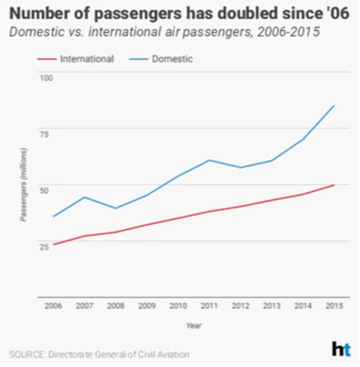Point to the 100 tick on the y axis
(47, 78)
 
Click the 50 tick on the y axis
(47, 190)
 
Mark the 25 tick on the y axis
(47, 246)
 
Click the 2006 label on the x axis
(54, 307)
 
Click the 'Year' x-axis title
(193, 325)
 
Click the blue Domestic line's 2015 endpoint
(333, 105)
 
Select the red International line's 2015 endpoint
(333, 185)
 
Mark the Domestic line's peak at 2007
(84, 197)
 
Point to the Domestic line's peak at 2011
(209, 160)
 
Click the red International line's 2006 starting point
(54, 244)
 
